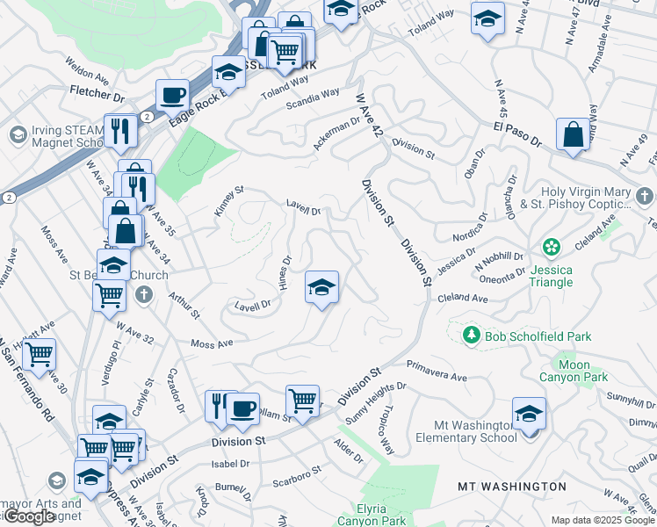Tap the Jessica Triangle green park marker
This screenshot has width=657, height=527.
[x=552, y=248]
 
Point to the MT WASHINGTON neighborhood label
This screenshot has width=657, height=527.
[x=512, y=487]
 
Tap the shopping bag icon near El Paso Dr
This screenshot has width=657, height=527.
[x=574, y=135]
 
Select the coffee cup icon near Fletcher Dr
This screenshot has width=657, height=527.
[x=173, y=94]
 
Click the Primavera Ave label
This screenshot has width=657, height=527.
[x=437, y=370]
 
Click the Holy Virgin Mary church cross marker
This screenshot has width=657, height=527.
[x=645, y=196]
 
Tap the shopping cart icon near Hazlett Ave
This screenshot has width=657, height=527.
[x=40, y=354]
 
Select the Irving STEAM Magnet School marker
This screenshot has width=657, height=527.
[x=17, y=134]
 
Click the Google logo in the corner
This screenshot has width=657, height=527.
[x=29, y=516]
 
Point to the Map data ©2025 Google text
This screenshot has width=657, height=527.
[x=603, y=521]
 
